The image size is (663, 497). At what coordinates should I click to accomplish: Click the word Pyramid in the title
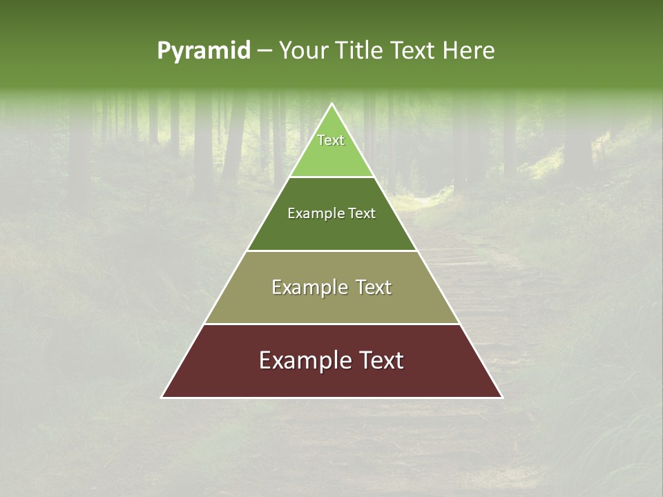(204, 51)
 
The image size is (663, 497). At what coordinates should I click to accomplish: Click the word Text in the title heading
(415, 51)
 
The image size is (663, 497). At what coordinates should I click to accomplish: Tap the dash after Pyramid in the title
(265, 51)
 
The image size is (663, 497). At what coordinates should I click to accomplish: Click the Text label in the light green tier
(331, 140)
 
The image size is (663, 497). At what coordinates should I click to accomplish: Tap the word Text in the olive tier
(374, 287)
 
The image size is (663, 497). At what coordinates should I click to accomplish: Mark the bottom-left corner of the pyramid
(162, 397)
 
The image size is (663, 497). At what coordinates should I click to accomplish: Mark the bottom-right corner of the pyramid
(502, 397)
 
